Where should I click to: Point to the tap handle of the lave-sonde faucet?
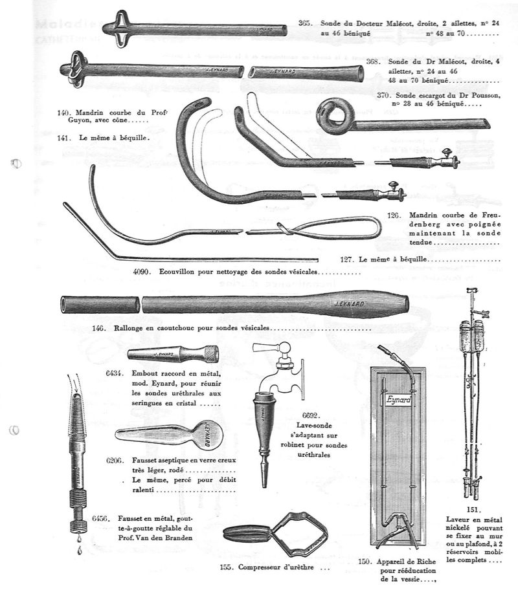pyautogui.click(x=263, y=348)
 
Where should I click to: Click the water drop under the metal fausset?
pyautogui.click(x=78, y=551)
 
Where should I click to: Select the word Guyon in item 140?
pyautogui.click(x=91, y=120)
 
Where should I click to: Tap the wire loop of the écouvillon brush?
pyautogui.click(x=324, y=227)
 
